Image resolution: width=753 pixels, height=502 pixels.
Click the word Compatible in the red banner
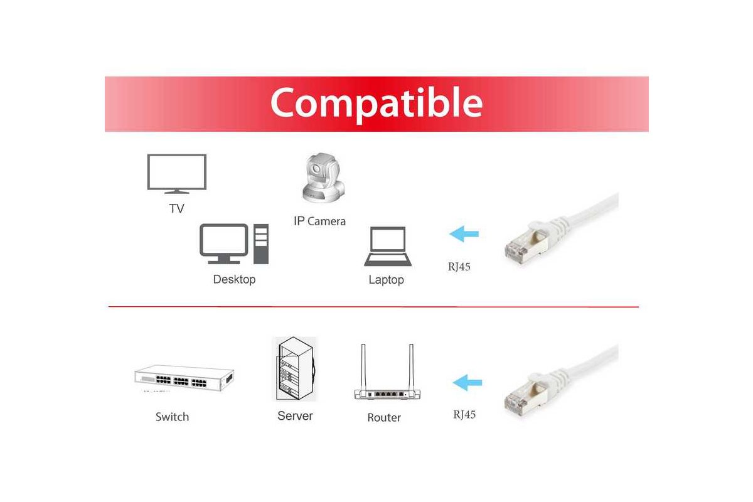pyautogui.click(x=376, y=104)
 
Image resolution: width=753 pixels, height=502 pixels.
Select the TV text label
pyautogui.click(x=177, y=208)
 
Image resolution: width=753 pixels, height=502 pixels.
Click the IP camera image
pyautogui.click(x=323, y=178)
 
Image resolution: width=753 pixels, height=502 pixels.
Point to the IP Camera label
pyautogui.click(x=319, y=222)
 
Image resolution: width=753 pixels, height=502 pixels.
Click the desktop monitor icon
pyautogui.click(x=224, y=243)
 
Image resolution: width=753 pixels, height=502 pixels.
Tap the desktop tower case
pyautogui.click(x=261, y=243)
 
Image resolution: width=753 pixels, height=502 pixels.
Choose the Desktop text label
pyautogui.click(x=234, y=279)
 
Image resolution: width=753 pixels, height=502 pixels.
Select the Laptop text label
pyautogui.click(x=387, y=280)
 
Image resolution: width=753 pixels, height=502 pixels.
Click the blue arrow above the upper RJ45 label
pyautogui.click(x=464, y=233)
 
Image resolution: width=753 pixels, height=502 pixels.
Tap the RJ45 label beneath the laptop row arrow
pyautogui.click(x=459, y=267)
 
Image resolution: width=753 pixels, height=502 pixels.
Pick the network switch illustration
pyautogui.click(x=184, y=378)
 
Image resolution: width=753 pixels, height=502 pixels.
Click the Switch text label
pyautogui.click(x=172, y=417)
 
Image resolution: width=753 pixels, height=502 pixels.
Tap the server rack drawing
pyautogui.click(x=294, y=369)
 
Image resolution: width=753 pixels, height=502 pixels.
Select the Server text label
pyautogui.click(x=295, y=416)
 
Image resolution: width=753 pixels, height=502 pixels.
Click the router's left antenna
pyautogui.click(x=363, y=367)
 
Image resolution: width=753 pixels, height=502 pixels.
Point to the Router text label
pyautogui.click(x=384, y=418)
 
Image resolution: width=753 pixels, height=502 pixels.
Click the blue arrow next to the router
pyautogui.click(x=467, y=383)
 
